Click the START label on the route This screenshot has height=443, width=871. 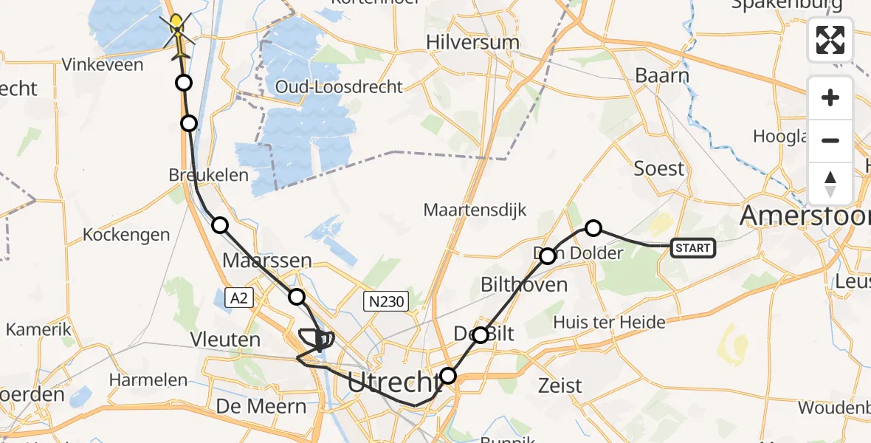pyautogui.click(x=692, y=248)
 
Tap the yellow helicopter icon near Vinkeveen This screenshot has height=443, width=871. pyautogui.click(x=177, y=33)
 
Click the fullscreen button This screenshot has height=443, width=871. pyautogui.click(x=830, y=40)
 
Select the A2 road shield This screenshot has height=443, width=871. pyautogui.click(x=238, y=298)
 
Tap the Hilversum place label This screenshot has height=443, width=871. pyautogui.click(x=473, y=42)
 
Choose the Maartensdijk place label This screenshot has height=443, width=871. pyautogui.click(x=475, y=210)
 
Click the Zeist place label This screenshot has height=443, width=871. pyautogui.click(x=560, y=385)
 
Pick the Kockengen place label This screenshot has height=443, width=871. pyautogui.click(x=126, y=235)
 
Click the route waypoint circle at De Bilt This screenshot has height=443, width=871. pyautogui.click(x=481, y=335)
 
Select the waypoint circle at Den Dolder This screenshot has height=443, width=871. pyautogui.click(x=548, y=256)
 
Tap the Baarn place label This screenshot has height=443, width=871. pyautogui.click(x=661, y=75)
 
